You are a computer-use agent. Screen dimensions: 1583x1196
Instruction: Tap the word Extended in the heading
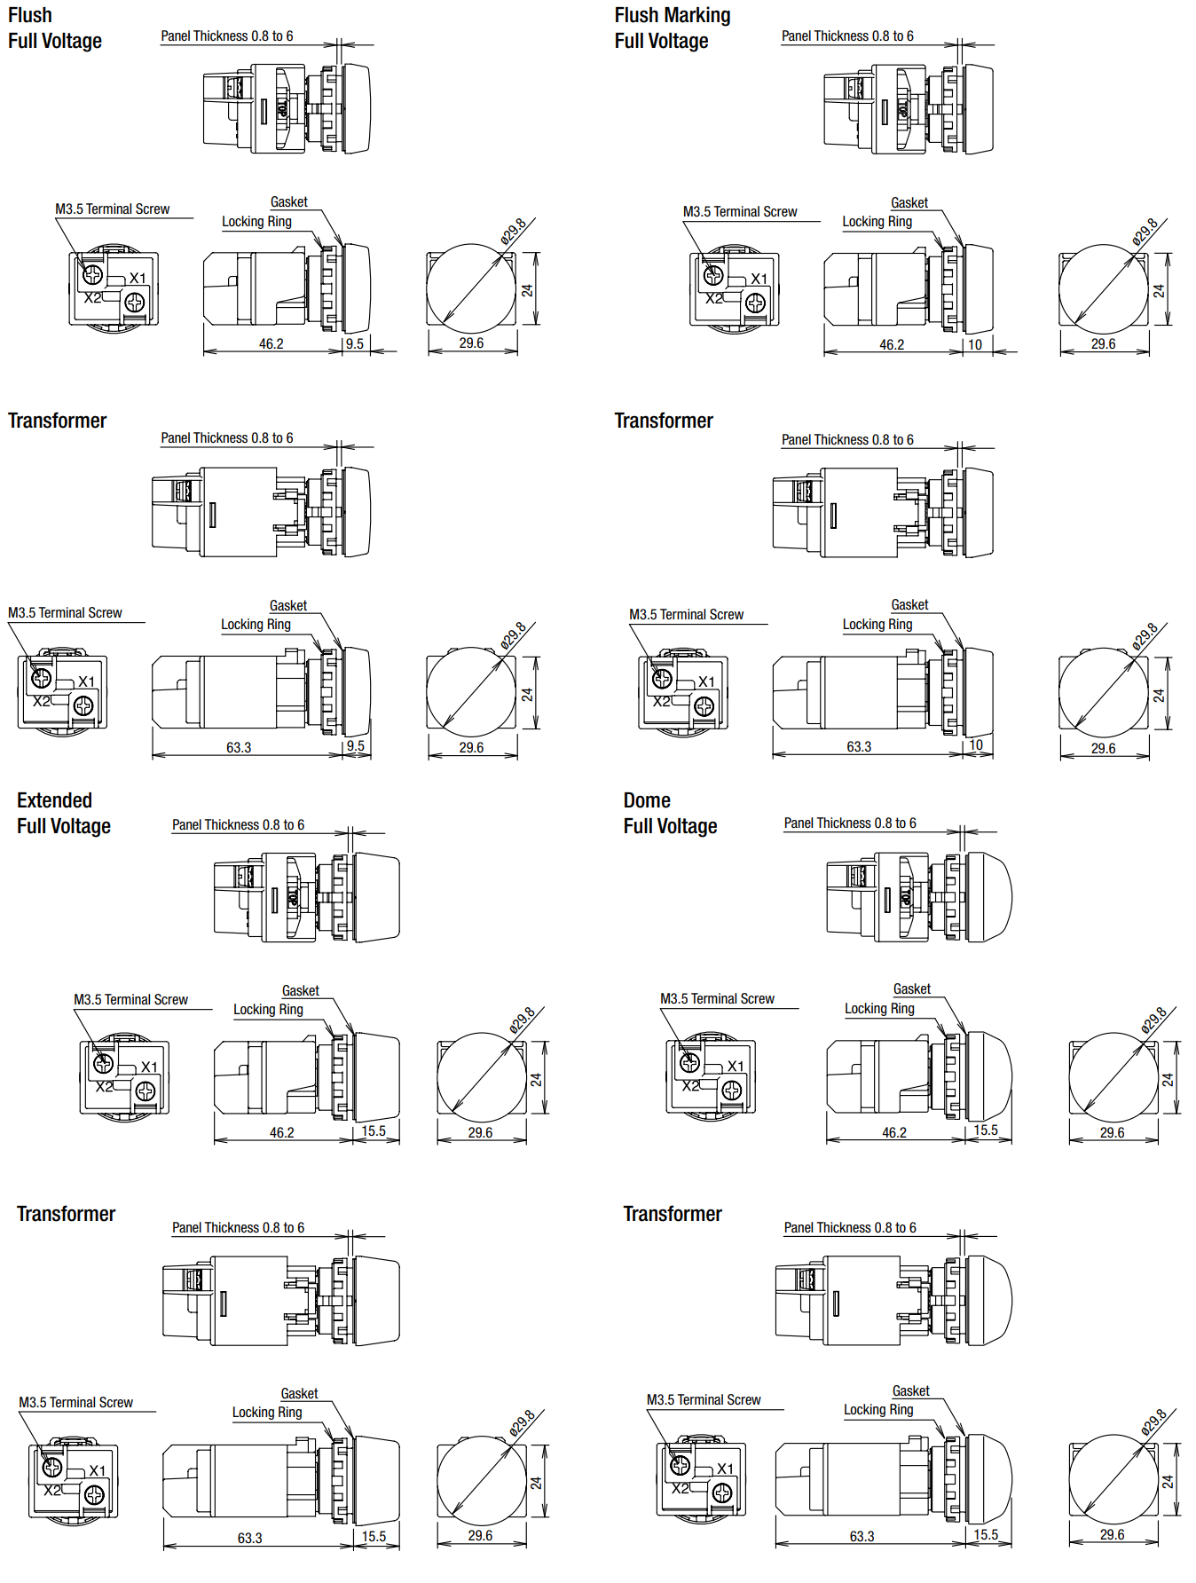[54, 800]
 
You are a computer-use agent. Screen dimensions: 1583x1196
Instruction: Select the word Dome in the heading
[647, 800]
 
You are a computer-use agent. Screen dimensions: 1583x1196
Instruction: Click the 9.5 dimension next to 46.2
[355, 344]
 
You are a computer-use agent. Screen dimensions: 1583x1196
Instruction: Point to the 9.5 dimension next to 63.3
[356, 746]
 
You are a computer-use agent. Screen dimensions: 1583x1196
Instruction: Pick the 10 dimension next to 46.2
[975, 345]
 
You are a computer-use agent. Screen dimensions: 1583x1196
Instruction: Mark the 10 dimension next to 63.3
[976, 745]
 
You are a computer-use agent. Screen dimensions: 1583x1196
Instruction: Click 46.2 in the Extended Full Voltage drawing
[282, 1133]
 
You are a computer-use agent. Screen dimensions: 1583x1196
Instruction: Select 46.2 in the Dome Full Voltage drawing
[894, 1133]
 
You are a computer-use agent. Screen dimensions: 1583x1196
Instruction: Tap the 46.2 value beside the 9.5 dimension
[271, 344]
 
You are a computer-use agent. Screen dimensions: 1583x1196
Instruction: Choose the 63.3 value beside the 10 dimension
[859, 747]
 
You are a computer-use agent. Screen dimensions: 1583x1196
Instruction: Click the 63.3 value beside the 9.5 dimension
[239, 748]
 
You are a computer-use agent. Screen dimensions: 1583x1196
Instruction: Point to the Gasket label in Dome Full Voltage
[912, 989]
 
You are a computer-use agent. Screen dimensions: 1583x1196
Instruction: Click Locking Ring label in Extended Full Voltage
[268, 1010]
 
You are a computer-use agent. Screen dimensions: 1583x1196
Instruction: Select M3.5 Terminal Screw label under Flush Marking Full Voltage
[740, 212]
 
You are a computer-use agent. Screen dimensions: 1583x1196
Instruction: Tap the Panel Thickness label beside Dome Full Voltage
[850, 823]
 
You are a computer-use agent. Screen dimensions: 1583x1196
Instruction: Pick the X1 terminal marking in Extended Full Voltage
[149, 1067]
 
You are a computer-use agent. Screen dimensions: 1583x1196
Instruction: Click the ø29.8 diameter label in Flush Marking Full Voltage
[1145, 232]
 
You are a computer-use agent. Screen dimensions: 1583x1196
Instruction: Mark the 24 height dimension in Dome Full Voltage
[1168, 1080]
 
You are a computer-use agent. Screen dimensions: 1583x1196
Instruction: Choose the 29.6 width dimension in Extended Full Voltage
[480, 1133]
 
